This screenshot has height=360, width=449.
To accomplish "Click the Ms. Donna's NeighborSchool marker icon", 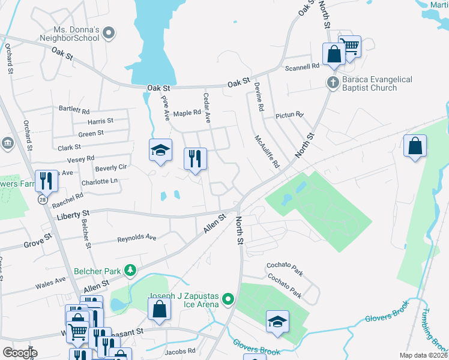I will (109, 34).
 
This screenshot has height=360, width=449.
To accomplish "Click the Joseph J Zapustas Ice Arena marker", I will (228, 298).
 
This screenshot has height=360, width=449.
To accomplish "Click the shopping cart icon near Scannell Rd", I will (349, 45).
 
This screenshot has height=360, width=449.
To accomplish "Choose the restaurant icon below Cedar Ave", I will (195, 159).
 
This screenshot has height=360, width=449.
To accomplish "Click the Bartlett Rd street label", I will (74, 110).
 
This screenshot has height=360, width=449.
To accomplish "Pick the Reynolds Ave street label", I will (136, 238).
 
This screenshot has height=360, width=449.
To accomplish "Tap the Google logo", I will (20, 352).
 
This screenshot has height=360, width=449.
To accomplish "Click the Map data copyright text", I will (423, 355).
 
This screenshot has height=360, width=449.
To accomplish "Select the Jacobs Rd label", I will (181, 350).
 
